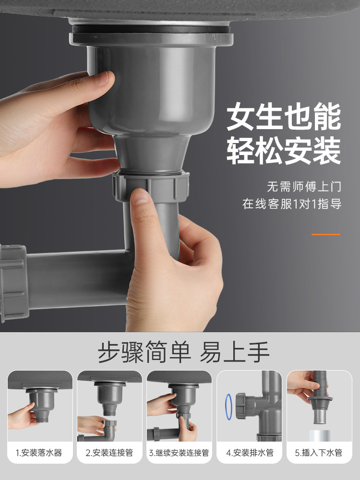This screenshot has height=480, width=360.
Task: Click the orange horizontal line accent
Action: click(x=326, y=235)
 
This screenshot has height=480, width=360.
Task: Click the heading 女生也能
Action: click(x=284, y=117)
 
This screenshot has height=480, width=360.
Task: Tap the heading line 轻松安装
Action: click(x=284, y=151)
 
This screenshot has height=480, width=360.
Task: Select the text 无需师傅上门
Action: click(x=304, y=187)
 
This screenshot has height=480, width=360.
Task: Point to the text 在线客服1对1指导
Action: click(x=292, y=204)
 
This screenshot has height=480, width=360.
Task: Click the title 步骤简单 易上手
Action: click(x=183, y=352)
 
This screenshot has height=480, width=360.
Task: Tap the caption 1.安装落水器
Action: click(x=39, y=453)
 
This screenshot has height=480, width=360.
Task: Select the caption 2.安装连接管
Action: click(x=109, y=453)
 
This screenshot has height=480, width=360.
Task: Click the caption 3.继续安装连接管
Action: click(x=179, y=453)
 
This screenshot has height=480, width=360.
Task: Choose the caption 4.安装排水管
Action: click(x=250, y=453)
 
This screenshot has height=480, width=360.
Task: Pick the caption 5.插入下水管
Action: click(x=319, y=453)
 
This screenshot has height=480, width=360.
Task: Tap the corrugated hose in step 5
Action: click(x=319, y=384)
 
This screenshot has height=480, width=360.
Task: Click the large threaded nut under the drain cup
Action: click(x=150, y=186)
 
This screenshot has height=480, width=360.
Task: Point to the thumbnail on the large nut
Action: click(x=140, y=196)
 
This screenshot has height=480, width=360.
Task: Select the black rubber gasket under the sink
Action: click(x=151, y=29)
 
